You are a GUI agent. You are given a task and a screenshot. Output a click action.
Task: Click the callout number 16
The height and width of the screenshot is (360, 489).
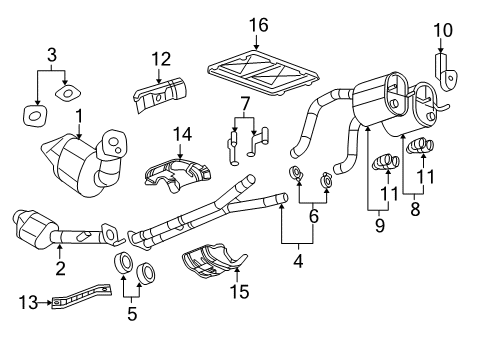pos(255,23)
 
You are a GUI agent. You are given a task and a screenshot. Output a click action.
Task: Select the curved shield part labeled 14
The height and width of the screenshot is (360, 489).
pos(172,171)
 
